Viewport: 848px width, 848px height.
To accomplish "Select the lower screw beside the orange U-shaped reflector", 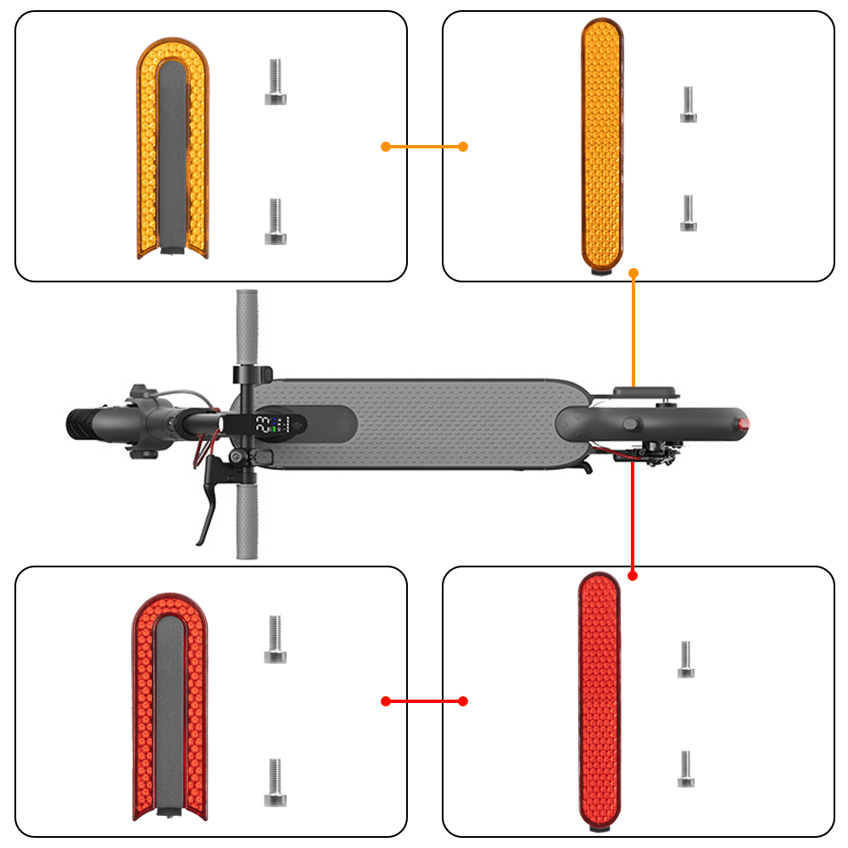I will tap(276, 221).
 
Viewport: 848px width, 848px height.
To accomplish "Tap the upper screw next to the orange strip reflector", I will tap(689, 104).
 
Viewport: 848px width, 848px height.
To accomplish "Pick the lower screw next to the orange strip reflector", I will tap(689, 213).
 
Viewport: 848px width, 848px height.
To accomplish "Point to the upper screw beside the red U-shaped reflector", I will tap(275, 639).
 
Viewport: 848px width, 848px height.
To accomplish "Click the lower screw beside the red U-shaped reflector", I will tap(275, 782).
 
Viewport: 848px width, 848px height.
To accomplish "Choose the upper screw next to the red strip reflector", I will tap(686, 660).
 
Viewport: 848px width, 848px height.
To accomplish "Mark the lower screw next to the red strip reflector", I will tap(686, 768).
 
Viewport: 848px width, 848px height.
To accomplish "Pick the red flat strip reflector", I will tap(600, 700).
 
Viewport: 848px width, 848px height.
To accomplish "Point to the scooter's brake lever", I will tap(209, 500).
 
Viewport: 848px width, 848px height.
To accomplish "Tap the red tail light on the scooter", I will tap(744, 422).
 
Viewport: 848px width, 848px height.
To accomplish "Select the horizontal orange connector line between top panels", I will tap(424, 147).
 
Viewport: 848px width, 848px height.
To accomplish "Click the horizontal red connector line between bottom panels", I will tap(424, 701).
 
